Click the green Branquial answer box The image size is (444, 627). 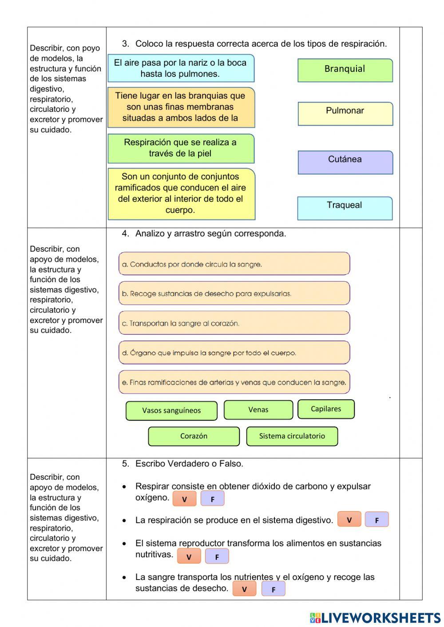pyautogui.click(x=345, y=70)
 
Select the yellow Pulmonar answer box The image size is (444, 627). pyautogui.click(x=345, y=114)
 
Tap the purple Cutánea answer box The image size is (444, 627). pyautogui.click(x=345, y=162)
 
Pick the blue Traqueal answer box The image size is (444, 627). pyautogui.click(x=345, y=208)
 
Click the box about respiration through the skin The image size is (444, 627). pyautogui.click(x=181, y=148)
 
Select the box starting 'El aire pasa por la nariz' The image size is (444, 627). pyautogui.click(x=181, y=68)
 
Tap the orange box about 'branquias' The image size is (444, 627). pyautogui.click(x=181, y=107)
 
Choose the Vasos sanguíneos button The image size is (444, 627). pyautogui.click(x=171, y=410)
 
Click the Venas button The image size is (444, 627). pyautogui.click(x=258, y=410)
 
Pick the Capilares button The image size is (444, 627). pyautogui.click(x=326, y=409)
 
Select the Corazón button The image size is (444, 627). pyautogui.click(x=194, y=436)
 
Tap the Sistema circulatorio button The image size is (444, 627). pyautogui.click(x=292, y=436)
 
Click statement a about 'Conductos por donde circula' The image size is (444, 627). pyautogui.click(x=234, y=264)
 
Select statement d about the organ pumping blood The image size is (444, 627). pyautogui.click(x=234, y=353)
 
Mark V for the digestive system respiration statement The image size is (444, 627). pyautogui.click(x=349, y=520)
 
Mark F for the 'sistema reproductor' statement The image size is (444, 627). pyautogui.click(x=217, y=556)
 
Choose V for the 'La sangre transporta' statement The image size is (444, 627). pyautogui.click(x=244, y=589)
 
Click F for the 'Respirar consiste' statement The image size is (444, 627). pyautogui.click(x=212, y=499)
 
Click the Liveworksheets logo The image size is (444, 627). pyautogui.click(x=375, y=618)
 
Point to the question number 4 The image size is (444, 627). pyautogui.click(x=125, y=233)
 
